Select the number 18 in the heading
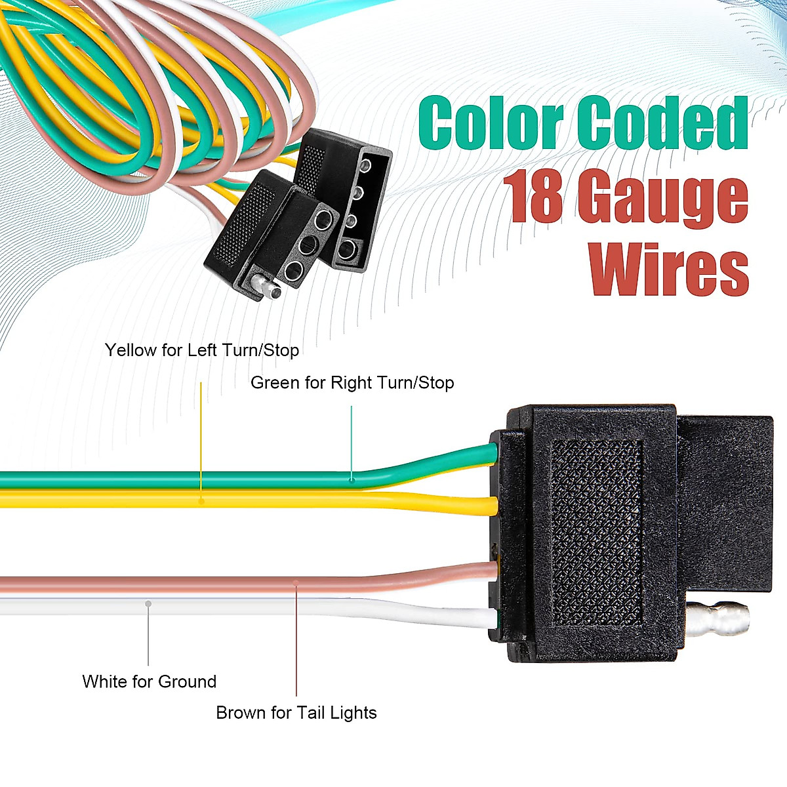(x=532, y=196)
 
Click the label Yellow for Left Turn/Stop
(x=202, y=350)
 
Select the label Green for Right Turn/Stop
(x=352, y=382)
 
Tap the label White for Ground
(x=150, y=681)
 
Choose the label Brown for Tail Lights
(x=296, y=713)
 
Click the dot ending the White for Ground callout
(x=149, y=603)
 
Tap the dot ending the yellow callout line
(x=201, y=500)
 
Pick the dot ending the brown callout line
(x=296, y=581)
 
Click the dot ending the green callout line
(x=352, y=479)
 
